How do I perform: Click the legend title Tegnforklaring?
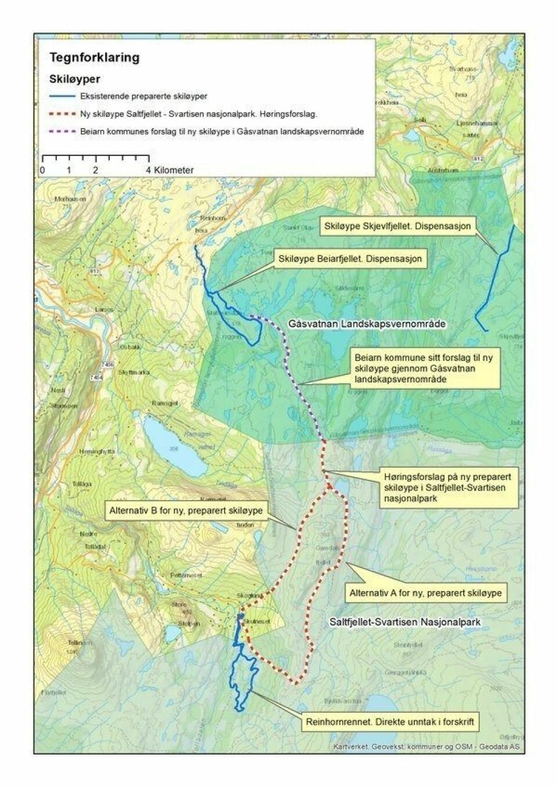pyautogui.click(x=94, y=57)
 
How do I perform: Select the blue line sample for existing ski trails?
pyautogui.click(x=63, y=96)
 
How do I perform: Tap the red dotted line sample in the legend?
pyautogui.click(x=63, y=114)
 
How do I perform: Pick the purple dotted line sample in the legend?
pyautogui.click(x=63, y=132)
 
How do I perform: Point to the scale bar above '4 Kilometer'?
pyautogui.click(x=95, y=158)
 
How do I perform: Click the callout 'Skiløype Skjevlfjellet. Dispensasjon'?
pyautogui.click(x=397, y=225)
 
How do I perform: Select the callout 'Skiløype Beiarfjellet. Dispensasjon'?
pyautogui.click(x=350, y=258)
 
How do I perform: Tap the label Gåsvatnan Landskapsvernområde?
pyautogui.click(x=367, y=323)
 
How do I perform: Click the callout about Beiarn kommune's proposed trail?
pyautogui.click(x=424, y=369)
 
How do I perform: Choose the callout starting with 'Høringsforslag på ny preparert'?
pyautogui.click(x=447, y=487)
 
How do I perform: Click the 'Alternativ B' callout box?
pyautogui.click(x=186, y=511)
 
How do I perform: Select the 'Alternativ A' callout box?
pyautogui.click(x=425, y=593)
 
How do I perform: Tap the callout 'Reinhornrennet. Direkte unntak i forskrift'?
pyautogui.click(x=390, y=722)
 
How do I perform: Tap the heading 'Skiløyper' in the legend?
pyautogui.click(x=74, y=79)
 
